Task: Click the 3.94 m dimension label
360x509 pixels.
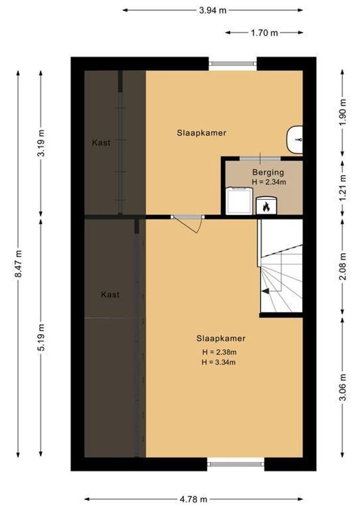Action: tap(213, 9)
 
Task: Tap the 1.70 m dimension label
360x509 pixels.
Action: tap(264, 33)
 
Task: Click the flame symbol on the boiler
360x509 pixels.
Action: tap(266, 206)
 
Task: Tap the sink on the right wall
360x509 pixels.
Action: tap(295, 140)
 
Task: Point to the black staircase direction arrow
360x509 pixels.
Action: tap(266, 291)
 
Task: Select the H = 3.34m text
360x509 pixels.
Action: tap(219, 362)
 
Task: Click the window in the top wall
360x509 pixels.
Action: tap(233, 64)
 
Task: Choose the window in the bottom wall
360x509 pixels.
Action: tap(236, 464)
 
